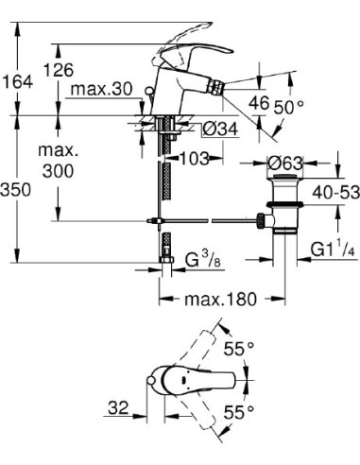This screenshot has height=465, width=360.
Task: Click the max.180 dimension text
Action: pyautogui.click(x=220, y=301)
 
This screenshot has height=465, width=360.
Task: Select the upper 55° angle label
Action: pyautogui.click(x=244, y=350)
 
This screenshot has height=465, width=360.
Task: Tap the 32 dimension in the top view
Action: pyautogui.click(x=117, y=408)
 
